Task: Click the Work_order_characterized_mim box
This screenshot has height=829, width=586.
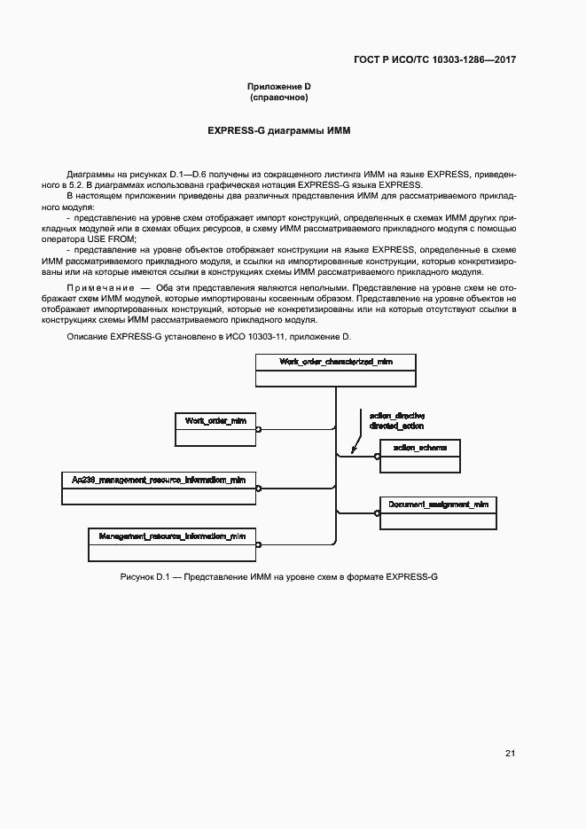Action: [335, 371]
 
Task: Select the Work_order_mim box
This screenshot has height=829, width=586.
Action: [215, 428]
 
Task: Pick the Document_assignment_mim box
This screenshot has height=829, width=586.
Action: [438, 512]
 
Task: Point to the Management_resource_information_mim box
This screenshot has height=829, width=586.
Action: [172, 544]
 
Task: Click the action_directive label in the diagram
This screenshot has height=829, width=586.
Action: [396, 415]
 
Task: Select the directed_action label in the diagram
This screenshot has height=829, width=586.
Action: [396, 426]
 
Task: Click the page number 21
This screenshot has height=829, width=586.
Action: [510, 754]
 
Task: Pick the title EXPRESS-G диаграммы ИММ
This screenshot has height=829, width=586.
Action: [279, 130]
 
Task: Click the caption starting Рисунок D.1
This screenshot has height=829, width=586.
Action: [279, 577]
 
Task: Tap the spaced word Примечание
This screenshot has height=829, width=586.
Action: [98, 288]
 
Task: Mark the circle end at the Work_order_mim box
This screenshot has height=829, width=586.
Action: [258, 429]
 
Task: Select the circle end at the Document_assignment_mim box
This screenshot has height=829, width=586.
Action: [377, 513]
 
